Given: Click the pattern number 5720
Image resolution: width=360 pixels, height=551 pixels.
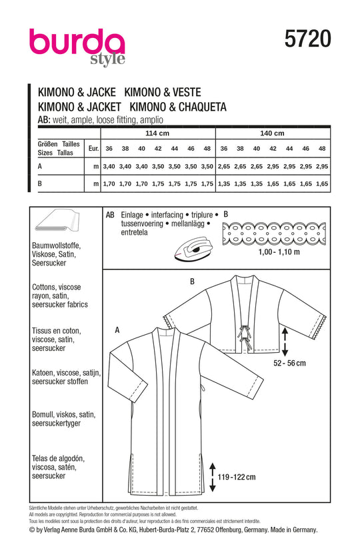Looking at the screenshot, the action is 308,38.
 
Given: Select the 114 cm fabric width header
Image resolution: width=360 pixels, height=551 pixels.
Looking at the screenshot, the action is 157,133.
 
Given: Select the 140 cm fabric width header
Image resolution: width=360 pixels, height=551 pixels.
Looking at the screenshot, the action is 272,133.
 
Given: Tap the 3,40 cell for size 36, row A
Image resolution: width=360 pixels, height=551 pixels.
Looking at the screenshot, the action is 109,166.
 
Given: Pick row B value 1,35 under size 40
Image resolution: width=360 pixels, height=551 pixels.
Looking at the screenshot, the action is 257,183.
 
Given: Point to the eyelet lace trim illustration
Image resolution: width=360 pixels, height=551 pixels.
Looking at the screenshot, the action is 274,233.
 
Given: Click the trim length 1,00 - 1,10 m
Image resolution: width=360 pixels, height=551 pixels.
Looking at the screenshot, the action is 279,252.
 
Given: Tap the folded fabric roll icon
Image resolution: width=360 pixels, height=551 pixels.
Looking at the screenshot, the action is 57,221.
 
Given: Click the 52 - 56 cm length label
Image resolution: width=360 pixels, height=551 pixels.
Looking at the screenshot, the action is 289,363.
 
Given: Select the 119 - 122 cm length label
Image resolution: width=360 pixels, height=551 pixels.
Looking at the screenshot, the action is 237,477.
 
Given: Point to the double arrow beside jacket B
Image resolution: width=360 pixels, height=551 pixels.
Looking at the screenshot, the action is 285,342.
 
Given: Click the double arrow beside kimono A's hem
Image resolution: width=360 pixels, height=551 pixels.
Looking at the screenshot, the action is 212,477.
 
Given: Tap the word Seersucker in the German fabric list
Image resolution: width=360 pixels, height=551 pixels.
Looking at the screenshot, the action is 49,263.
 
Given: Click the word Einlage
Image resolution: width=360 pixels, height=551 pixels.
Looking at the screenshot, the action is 132,215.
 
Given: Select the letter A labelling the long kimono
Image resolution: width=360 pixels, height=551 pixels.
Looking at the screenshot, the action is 117,330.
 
